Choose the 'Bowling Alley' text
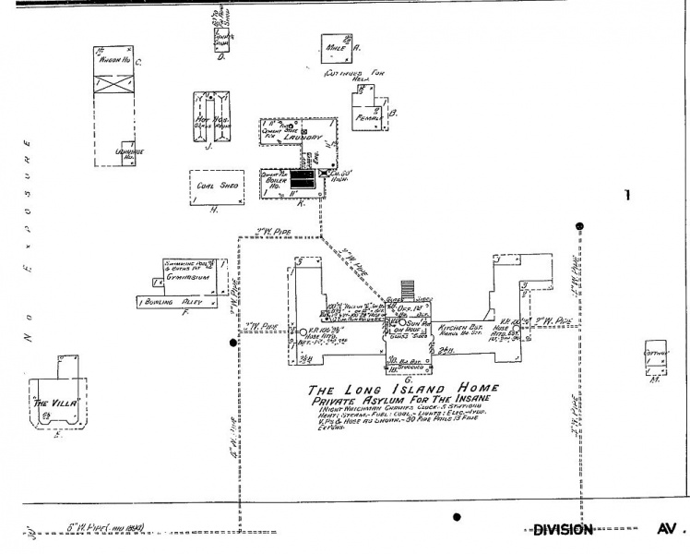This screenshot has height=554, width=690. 172,301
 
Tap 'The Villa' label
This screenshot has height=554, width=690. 53,403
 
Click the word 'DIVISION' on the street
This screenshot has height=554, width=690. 563,529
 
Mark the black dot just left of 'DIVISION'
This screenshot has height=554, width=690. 457,518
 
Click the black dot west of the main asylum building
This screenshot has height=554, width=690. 233,342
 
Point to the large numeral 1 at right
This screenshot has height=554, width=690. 627,196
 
